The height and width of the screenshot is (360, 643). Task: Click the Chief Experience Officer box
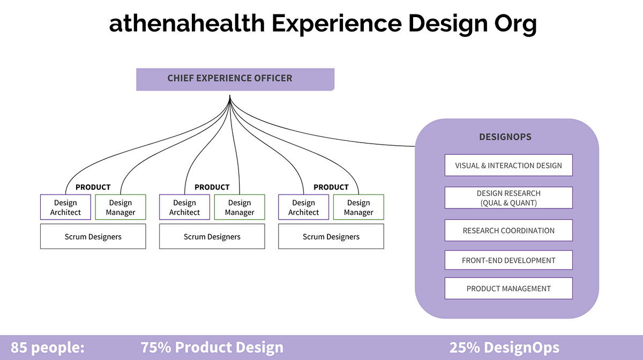(x=235, y=79)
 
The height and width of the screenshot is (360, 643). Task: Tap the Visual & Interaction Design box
(x=509, y=165)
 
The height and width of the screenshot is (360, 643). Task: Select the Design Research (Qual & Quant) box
(x=509, y=198)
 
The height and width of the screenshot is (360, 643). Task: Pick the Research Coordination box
(x=509, y=230)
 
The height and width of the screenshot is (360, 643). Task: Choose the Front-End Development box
(x=509, y=260)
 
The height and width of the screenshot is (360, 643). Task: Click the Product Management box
(x=509, y=288)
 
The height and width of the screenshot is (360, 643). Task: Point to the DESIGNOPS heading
(x=505, y=137)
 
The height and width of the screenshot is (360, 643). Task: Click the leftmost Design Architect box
(x=65, y=207)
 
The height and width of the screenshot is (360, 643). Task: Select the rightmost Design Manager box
(x=358, y=207)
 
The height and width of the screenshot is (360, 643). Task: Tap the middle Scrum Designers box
(x=212, y=236)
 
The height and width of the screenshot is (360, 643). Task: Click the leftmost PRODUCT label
(x=93, y=187)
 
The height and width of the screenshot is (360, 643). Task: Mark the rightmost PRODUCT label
(x=331, y=187)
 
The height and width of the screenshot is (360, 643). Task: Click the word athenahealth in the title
(x=187, y=24)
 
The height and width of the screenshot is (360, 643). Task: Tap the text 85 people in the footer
(x=47, y=348)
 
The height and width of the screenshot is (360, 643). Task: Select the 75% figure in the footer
(x=156, y=347)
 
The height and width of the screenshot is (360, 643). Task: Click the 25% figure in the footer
(x=465, y=347)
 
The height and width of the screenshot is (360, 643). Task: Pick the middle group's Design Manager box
(x=240, y=207)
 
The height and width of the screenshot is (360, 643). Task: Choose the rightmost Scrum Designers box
(x=331, y=236)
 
